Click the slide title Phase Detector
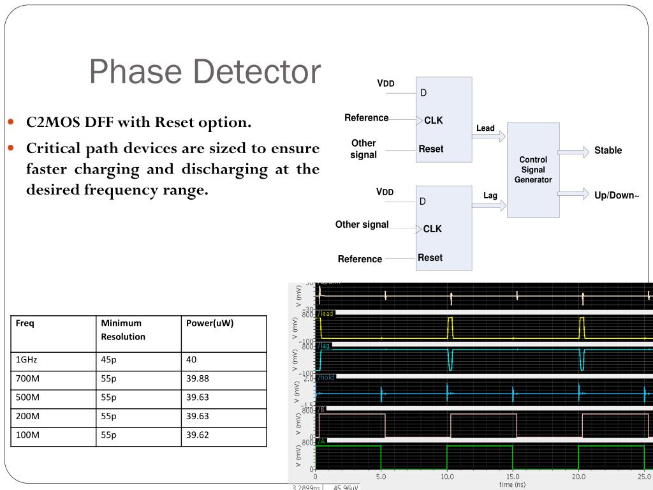pyautogui.click(x=204, y=71)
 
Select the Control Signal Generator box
pyautogui.click(x=533, y=170)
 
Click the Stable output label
pyautogui.click(x=608, y=151)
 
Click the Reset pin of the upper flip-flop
pyautogui.click(x=431, y=149)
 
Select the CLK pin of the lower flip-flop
pyautogui.click(x=432, y=229)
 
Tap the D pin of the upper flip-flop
pyautogui.click(x=423, y=93)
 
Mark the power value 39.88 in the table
pyautogui.click(x=197, y=379)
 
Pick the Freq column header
pyautogui.click(x=25, y=323)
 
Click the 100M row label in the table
pyautogui.click(x=28, y=436)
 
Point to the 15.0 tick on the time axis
pyautogui.click(x=513, y=477)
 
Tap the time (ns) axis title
pyautogui.click(x=512, y=485)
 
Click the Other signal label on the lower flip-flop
pyautogui.click(x=362, y=225)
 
